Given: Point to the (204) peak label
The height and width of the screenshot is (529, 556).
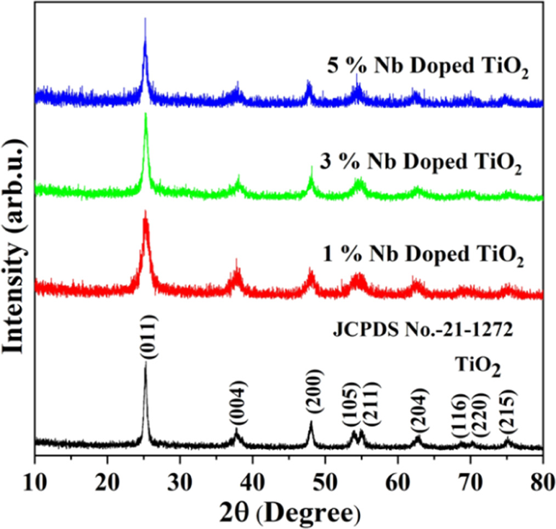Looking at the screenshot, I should (x=418, y=410).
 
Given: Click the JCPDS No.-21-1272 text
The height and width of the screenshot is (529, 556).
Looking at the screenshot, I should (x=423, y=332).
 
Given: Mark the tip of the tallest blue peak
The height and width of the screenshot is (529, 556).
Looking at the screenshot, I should (x=145, y=18).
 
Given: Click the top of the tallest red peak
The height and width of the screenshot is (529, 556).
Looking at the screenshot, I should (x=145, y=210).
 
